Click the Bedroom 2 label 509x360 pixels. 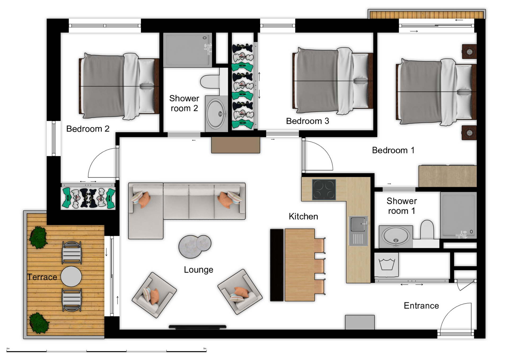pyautogui.click(x=88, y=129)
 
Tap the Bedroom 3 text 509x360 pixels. pyautogui.click(x=308, y=121)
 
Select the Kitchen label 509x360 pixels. pyautogui.click(x=303, y=216)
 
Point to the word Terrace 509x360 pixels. pyautogui.click(x=42, y=277)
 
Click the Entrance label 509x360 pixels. pyautogui.click(x=421, y=306)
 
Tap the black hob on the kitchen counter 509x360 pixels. pyautogui.click(x=324, y=190)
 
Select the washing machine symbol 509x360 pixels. pyautogui.click(x=387, y=264)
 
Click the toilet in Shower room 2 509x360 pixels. pyautogui.click(x=210, y=81)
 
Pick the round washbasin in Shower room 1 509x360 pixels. pyautogui.click(x=396, y=236)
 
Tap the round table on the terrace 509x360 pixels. pyautogui.click(x=71, y=276)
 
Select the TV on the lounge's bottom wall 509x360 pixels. pyautogui.click(x=198, y=327)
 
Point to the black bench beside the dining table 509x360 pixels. pyautogui.click(x=277, y=265)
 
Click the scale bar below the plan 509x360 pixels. pyautogui.click(x=106, y=351)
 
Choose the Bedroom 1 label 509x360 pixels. pyautogui.click(x=393, y=150)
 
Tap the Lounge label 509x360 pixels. pyautogui.click(x=199, y=270)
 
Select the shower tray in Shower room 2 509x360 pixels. pyautogui.click(x=187, y=50)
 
